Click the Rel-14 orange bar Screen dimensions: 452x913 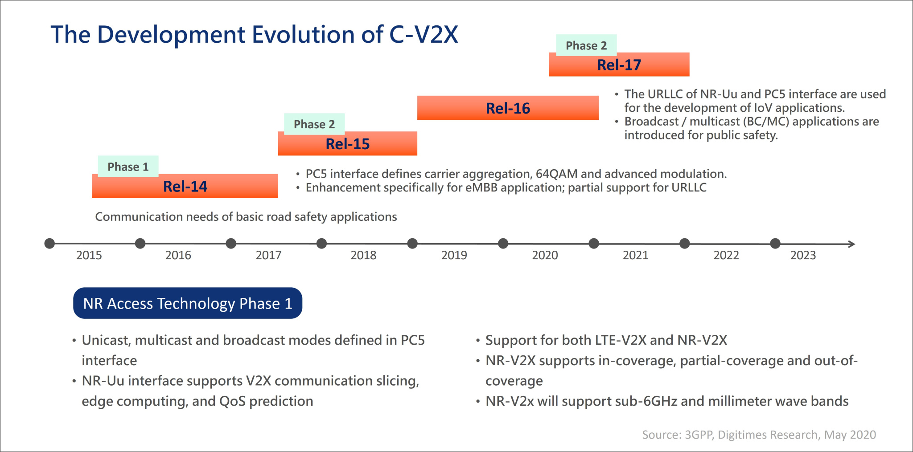click(185, 187)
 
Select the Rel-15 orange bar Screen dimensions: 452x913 click(348, 144)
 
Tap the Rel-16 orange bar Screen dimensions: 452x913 click(508, 108)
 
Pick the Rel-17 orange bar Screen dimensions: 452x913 click(619, 65)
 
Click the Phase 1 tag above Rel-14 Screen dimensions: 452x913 click(128, 167)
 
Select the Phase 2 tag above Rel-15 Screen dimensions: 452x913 click(314, 124)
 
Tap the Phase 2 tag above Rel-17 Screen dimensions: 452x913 click(586, 45)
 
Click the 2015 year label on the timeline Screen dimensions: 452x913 click(89, 255)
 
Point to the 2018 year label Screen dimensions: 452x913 click(363, 255)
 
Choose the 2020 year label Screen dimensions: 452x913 click(545, 255)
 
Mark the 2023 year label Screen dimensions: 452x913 click(803, 255)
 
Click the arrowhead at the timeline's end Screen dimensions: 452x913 click(851, 244)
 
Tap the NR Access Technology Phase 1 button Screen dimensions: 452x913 click(188, 303)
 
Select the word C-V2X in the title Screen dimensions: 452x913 click(424, 34)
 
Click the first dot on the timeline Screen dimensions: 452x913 click(49, 244)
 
